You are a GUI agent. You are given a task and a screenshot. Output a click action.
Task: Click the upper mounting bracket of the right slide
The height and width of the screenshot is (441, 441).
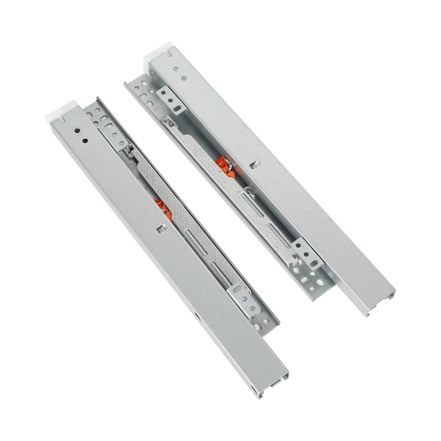[x=171, y=101]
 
